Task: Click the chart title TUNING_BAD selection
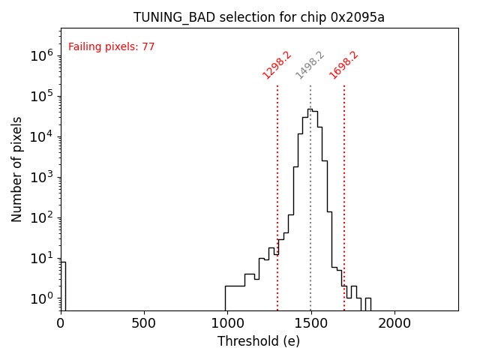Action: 259,17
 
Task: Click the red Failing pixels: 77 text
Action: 112,47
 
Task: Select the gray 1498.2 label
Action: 310,65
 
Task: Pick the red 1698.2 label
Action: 343,65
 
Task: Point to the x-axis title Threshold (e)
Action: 259,341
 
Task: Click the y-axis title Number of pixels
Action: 17,169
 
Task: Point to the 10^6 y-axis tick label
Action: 41,55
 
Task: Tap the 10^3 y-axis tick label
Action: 41,177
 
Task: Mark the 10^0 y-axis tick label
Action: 41,298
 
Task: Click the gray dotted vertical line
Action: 310,225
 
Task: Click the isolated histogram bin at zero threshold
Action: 63,285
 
